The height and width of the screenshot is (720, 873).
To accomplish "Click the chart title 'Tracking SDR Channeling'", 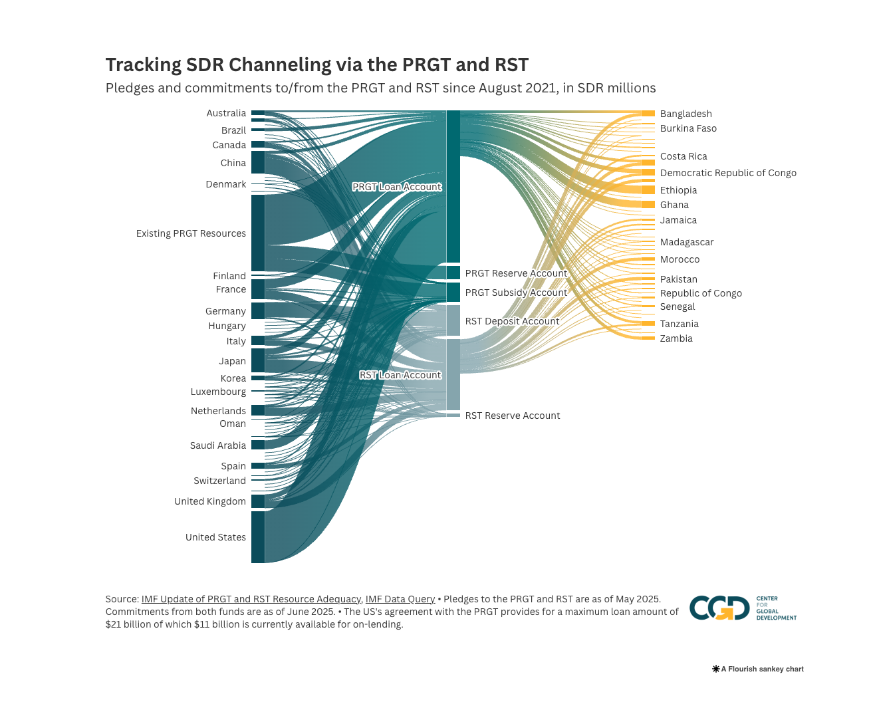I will (316, 65).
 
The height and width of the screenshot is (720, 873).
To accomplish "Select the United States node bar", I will (257, 537).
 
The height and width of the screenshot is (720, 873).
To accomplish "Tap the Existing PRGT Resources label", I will (191, 233).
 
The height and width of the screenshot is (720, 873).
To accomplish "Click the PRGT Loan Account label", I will (396, 187).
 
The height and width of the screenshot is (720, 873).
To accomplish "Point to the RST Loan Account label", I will (400, 375).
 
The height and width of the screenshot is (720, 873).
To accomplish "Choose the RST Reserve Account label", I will (512, 416).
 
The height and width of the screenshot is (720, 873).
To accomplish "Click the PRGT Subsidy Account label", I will (516, 293).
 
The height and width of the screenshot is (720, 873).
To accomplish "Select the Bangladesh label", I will (686, 114).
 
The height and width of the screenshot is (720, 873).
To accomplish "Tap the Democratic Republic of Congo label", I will (727, 173).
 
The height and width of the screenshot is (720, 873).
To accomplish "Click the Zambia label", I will (676, 338).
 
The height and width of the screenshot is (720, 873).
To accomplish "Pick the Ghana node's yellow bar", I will (648, 205).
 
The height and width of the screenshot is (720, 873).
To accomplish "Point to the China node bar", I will (257, 163).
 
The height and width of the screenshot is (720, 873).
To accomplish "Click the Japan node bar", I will (257, 360).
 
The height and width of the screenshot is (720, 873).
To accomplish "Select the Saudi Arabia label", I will (217, 445).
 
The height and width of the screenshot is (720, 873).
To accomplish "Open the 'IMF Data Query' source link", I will (400, 599).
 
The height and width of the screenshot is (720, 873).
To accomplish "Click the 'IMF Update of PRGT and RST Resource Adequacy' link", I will (251, 599).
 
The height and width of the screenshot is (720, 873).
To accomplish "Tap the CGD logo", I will (719, 608).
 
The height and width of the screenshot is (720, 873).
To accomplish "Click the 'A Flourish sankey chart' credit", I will (758, 669).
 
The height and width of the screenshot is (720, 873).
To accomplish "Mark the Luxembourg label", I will (218, 392).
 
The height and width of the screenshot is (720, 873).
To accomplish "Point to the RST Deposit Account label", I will (512, 321).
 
